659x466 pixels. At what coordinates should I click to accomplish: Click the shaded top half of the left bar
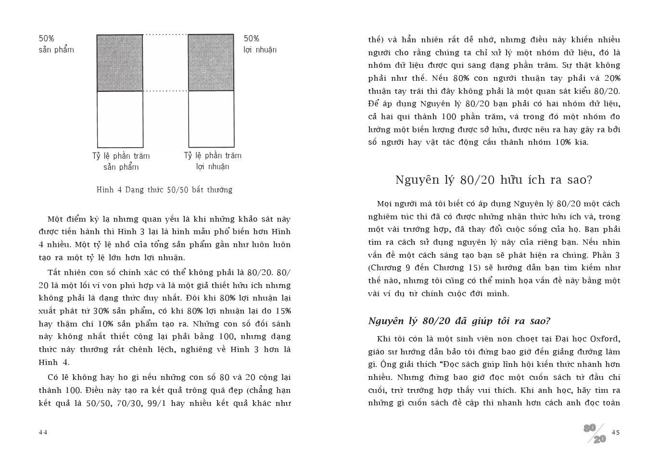(120, 63)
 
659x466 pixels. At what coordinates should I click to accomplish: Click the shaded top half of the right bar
(211, 63)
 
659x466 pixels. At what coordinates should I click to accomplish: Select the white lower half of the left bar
(120, 119)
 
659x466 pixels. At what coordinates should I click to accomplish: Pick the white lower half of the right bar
(211, 119)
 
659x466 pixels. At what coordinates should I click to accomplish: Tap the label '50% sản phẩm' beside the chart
(56, 44)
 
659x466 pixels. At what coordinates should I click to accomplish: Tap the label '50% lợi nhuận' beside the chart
(260, 44)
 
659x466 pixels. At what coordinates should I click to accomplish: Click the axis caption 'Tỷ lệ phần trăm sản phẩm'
(121, 161)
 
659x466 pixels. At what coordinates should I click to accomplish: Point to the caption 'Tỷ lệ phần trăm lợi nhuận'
(213, 161)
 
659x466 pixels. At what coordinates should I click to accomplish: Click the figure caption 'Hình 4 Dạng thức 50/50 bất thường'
(165, 189)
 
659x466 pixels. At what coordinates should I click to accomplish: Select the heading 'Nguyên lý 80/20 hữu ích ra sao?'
(494, 180)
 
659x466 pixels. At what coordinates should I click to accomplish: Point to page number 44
(43, 432)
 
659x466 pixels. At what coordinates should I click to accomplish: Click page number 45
(616, 432)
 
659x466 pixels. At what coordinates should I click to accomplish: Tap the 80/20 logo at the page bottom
(595, 433)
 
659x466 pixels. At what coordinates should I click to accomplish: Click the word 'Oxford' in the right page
(605, 339)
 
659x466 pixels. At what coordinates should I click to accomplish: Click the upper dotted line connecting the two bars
(165, 35)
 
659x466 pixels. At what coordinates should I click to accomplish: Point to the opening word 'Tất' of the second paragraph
(54, 272)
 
